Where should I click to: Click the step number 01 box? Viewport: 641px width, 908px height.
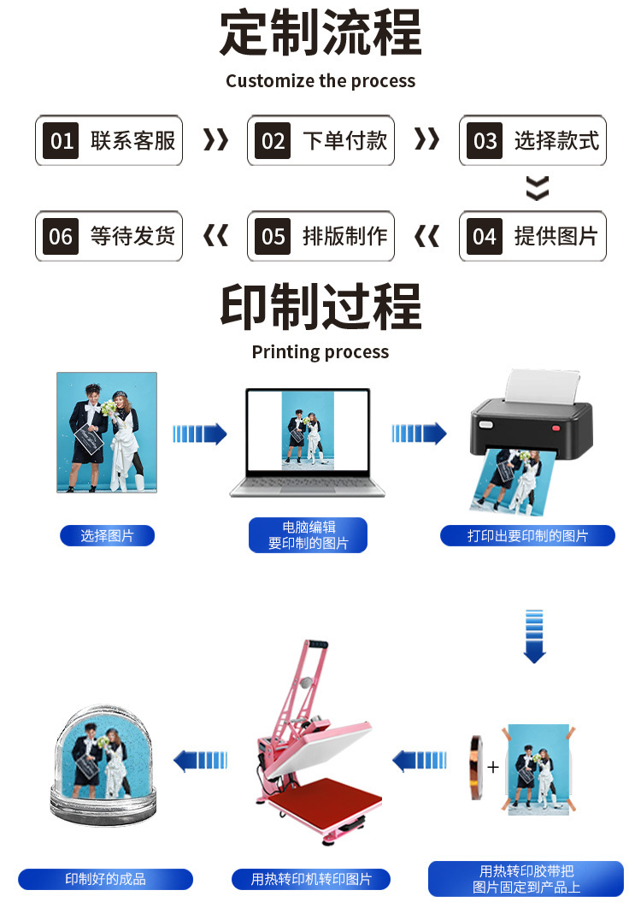click(x=62, y=140)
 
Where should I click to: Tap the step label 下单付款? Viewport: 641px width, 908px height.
click(x=344, y=140)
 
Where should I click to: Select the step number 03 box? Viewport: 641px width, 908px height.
click(x=485, y=140)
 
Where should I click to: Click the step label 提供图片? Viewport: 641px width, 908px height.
click(x=556, y=236)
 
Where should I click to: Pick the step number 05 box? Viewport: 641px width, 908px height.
click(x=273, y=236)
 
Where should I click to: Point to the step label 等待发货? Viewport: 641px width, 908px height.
click(x=132, y=236)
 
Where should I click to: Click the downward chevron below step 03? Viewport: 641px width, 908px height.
click(x=537, y=188)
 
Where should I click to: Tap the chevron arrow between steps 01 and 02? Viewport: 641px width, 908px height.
click(x=215, y=139)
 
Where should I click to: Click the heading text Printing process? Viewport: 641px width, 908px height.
click(x=320, y=352)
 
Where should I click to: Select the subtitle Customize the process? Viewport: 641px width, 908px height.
click(x=320, y=81)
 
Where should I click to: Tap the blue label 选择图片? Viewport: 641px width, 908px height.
click(x=107, y=536)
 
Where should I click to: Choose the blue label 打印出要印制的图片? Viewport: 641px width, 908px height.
click(x=527, y=536)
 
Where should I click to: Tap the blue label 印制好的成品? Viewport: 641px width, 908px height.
click(x=106, y=879)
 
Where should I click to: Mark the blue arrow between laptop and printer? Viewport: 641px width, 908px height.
click(x=419, y=433)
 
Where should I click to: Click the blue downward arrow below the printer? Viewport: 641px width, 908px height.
click(x=534, y=636)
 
